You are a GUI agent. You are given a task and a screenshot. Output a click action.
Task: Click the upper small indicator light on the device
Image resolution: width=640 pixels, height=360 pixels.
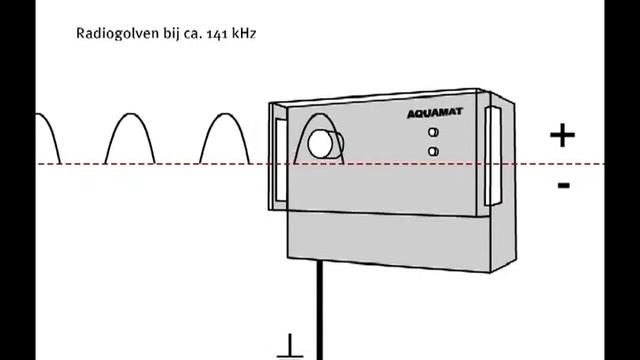point(433,133)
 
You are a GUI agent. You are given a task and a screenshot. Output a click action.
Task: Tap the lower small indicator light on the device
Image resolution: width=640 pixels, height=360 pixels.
point(433,151)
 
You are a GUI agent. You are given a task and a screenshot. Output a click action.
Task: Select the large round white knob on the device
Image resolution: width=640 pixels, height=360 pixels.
point(322,145)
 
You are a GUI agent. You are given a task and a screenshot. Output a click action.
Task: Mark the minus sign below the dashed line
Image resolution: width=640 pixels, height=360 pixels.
point(564,184)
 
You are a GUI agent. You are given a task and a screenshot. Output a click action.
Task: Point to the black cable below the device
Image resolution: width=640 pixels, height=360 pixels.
point(320,310)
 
